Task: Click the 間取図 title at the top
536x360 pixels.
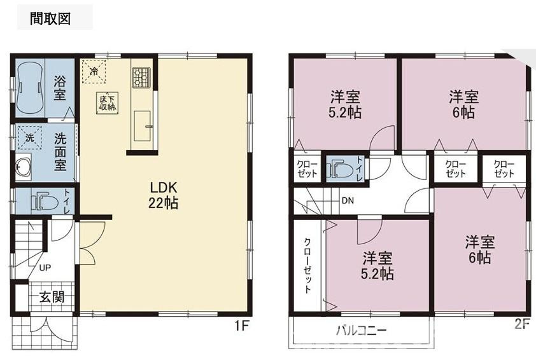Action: (50, 18)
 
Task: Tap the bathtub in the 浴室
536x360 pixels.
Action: (30, 88)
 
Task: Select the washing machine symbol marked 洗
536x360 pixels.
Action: (29, 137)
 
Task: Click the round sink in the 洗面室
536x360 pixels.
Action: (22, 167)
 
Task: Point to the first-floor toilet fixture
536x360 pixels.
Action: (45, 202)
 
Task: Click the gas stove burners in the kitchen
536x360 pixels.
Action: (141, 78)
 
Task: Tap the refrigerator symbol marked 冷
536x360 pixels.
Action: (94, 71)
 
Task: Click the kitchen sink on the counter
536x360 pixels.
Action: (143, 126)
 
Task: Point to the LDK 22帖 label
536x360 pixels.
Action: (163, 195)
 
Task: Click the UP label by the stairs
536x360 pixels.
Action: (45, 268)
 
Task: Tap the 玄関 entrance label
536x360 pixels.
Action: (52, 297)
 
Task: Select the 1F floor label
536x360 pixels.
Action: (241, 326)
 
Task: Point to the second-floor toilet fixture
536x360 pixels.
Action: (339, 168)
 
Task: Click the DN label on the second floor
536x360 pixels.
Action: (348, 201)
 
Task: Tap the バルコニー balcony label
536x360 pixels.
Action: (361, 331)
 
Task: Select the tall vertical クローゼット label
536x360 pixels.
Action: (307, 266)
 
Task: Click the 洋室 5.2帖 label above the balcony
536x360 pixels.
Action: (377, 266)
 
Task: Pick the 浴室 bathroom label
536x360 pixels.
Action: (59, 88)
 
